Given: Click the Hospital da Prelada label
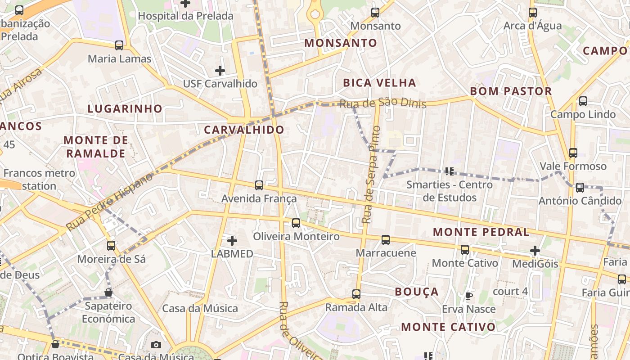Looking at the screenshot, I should [185, 16].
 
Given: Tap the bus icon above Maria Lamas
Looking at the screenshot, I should [119, 45].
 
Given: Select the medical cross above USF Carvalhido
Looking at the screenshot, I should [220, 71].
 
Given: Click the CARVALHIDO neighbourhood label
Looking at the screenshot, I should [244, 130].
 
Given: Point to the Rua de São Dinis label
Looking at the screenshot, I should [382, 103].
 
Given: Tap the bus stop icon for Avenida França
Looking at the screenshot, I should [259, 185].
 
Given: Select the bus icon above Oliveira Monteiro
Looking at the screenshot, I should [296, 223].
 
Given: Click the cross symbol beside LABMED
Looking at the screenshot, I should [232, 241].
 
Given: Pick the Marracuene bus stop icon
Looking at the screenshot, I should [386, 240].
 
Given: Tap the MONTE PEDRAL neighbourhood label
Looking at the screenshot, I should [481, 232].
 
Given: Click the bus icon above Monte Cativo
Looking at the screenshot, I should [465, 250].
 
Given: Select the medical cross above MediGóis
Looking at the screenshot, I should [535, 251].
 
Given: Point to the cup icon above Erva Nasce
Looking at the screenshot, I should [468, 296].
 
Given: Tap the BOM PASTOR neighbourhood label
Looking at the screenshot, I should [511, 91].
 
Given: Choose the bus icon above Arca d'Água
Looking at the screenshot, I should [533, 13].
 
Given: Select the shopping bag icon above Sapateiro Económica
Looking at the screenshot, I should [108, 293].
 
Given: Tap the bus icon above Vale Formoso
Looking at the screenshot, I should [573, 153].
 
